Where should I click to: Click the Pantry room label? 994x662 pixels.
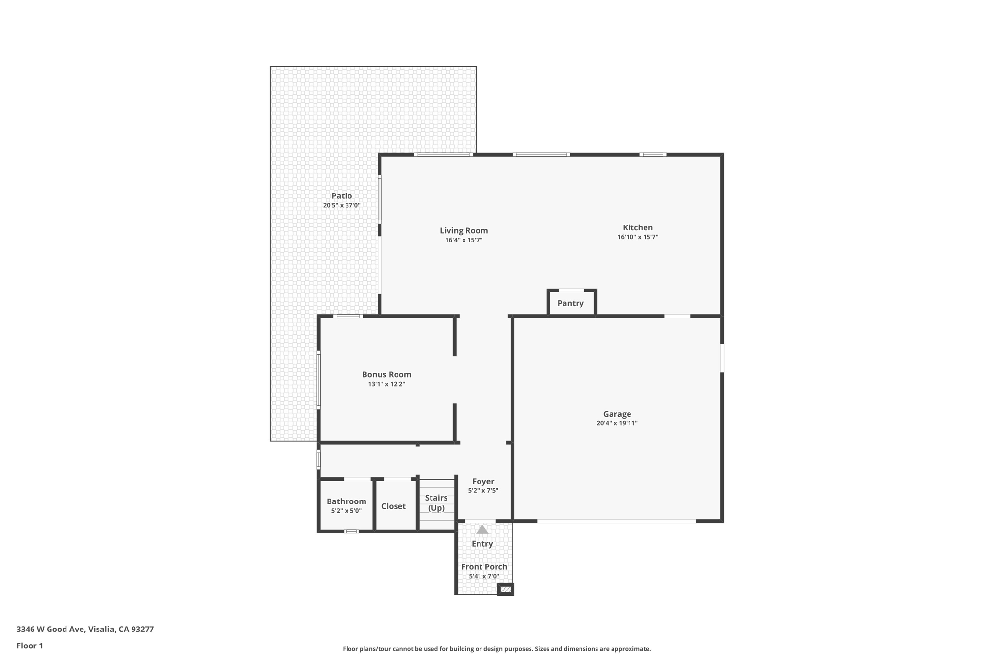(x=570, y=303)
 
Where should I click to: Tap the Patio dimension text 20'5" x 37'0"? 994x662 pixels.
(x=342, y=205)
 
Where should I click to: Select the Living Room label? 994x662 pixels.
(x=464, y=231)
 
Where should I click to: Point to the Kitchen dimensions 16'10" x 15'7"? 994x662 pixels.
(x=637, y=237)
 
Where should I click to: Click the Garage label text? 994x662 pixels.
(x=617, y=414)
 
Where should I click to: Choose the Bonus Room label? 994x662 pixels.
(x=386, y=374)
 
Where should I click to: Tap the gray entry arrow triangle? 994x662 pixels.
(x=482, y=530)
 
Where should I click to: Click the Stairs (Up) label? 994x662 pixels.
(x=436, y=503)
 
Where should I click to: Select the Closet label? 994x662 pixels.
(x=393, y=506)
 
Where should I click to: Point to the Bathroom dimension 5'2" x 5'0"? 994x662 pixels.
(x=346, y=511)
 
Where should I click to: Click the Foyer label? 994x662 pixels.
(x=483, y=481)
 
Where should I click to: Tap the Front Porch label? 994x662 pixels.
(x=484, y=567)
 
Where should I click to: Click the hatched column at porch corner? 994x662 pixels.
(x=505, y=589)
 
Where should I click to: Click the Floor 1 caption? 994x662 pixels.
(x=30, y=646)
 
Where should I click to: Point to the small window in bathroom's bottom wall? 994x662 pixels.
(x=351, y=532)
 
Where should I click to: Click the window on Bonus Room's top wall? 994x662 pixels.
(x=348, y=316)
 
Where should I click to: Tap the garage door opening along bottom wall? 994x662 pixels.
(x=616, y=521)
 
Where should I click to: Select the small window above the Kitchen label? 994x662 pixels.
(x=653, y=155)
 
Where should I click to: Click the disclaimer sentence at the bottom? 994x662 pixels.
(x=497, y=649)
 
